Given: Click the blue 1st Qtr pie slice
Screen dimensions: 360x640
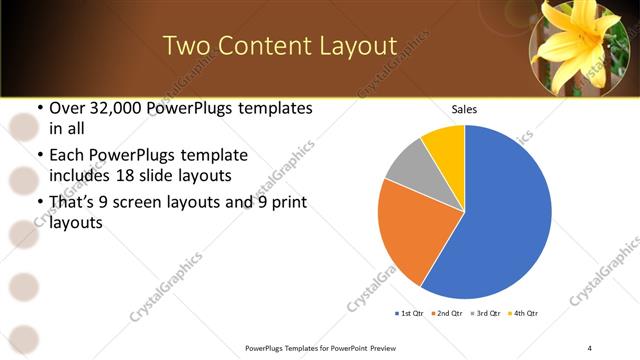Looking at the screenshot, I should [500, 220].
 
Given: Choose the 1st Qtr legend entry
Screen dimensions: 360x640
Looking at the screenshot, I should [410, 314].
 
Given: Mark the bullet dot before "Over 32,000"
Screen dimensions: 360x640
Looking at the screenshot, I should [39, 108].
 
